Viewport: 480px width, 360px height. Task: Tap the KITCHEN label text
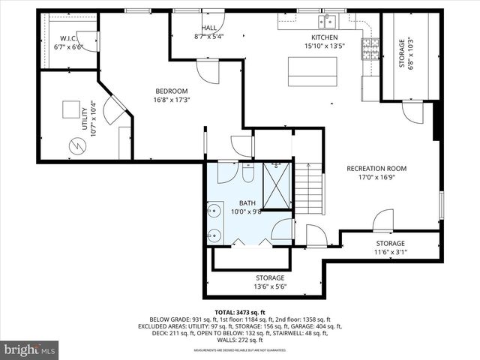325,37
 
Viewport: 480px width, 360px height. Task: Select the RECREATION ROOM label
376,169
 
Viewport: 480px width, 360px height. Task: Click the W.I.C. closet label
69,38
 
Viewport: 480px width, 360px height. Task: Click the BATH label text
247,203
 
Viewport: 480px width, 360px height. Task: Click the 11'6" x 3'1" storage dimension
390,253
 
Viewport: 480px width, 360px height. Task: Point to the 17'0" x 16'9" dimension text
376,178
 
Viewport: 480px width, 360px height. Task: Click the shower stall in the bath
277,184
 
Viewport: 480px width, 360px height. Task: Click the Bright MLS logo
30,349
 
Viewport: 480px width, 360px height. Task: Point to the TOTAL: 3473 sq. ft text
240,312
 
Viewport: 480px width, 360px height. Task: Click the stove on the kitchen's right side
367,49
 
